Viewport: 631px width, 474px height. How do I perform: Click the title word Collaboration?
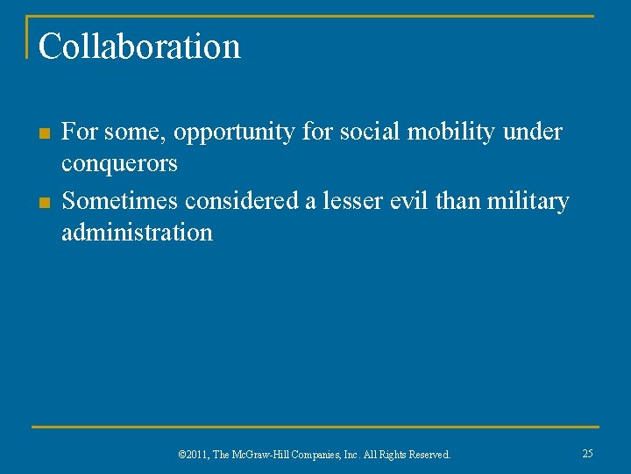click(139, 47)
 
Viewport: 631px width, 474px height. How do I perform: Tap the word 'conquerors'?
click(119, 164)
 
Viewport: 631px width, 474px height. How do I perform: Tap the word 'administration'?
click(137, 233)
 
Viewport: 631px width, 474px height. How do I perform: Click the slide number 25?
click(587, 454)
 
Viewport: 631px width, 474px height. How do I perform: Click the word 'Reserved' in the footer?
click(429, 455)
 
